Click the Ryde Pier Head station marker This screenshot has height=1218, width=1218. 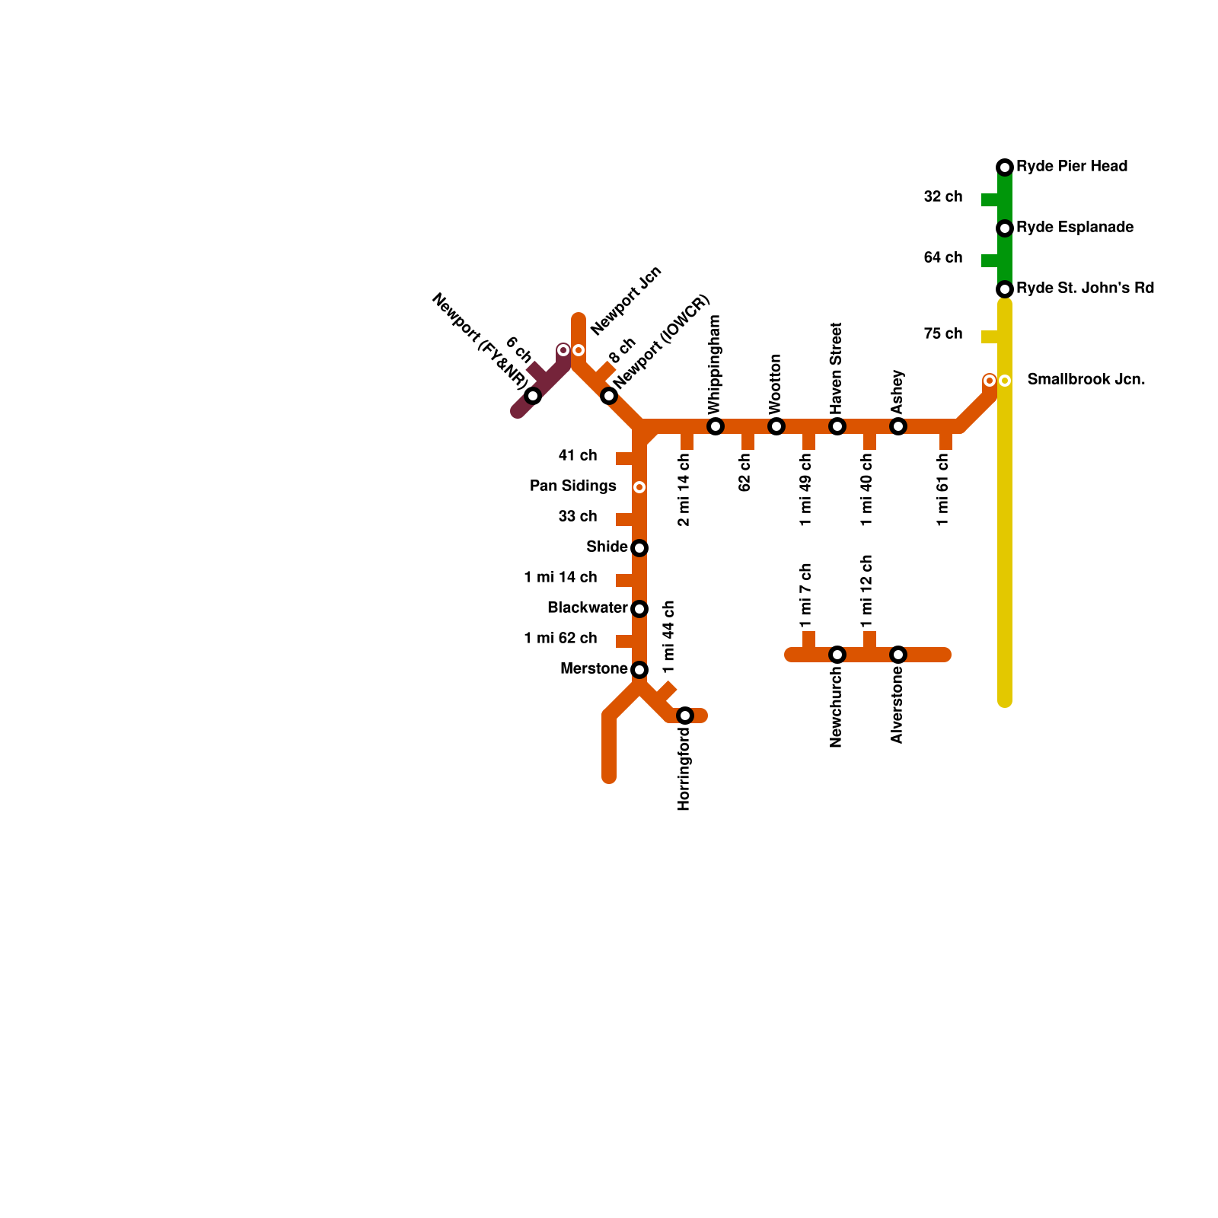point(1005,167)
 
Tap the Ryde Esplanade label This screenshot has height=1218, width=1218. point(1075,228)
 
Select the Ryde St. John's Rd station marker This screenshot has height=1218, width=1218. point(1005,289)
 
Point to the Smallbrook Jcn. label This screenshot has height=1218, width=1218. point(1086,380)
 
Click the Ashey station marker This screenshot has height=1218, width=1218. point(898,426)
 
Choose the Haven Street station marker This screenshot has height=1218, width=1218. point(837,426)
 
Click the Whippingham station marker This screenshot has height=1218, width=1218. point(716,426)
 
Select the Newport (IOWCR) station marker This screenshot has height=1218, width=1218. point(609,396)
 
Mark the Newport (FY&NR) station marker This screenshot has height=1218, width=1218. point(533,396)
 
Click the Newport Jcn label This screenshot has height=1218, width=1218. point(626,301)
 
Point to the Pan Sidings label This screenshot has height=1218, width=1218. point(573,486)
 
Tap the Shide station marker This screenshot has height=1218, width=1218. point(639,548)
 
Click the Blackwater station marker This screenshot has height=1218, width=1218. point(639,609)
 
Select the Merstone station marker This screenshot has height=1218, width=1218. point(639,670)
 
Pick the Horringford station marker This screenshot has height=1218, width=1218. point(685,716)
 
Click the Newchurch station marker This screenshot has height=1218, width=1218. point(837,655)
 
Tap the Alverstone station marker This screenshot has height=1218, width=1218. point(898,655)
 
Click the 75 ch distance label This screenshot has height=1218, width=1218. point(943,334)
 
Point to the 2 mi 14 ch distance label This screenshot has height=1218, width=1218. point(684,489)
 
